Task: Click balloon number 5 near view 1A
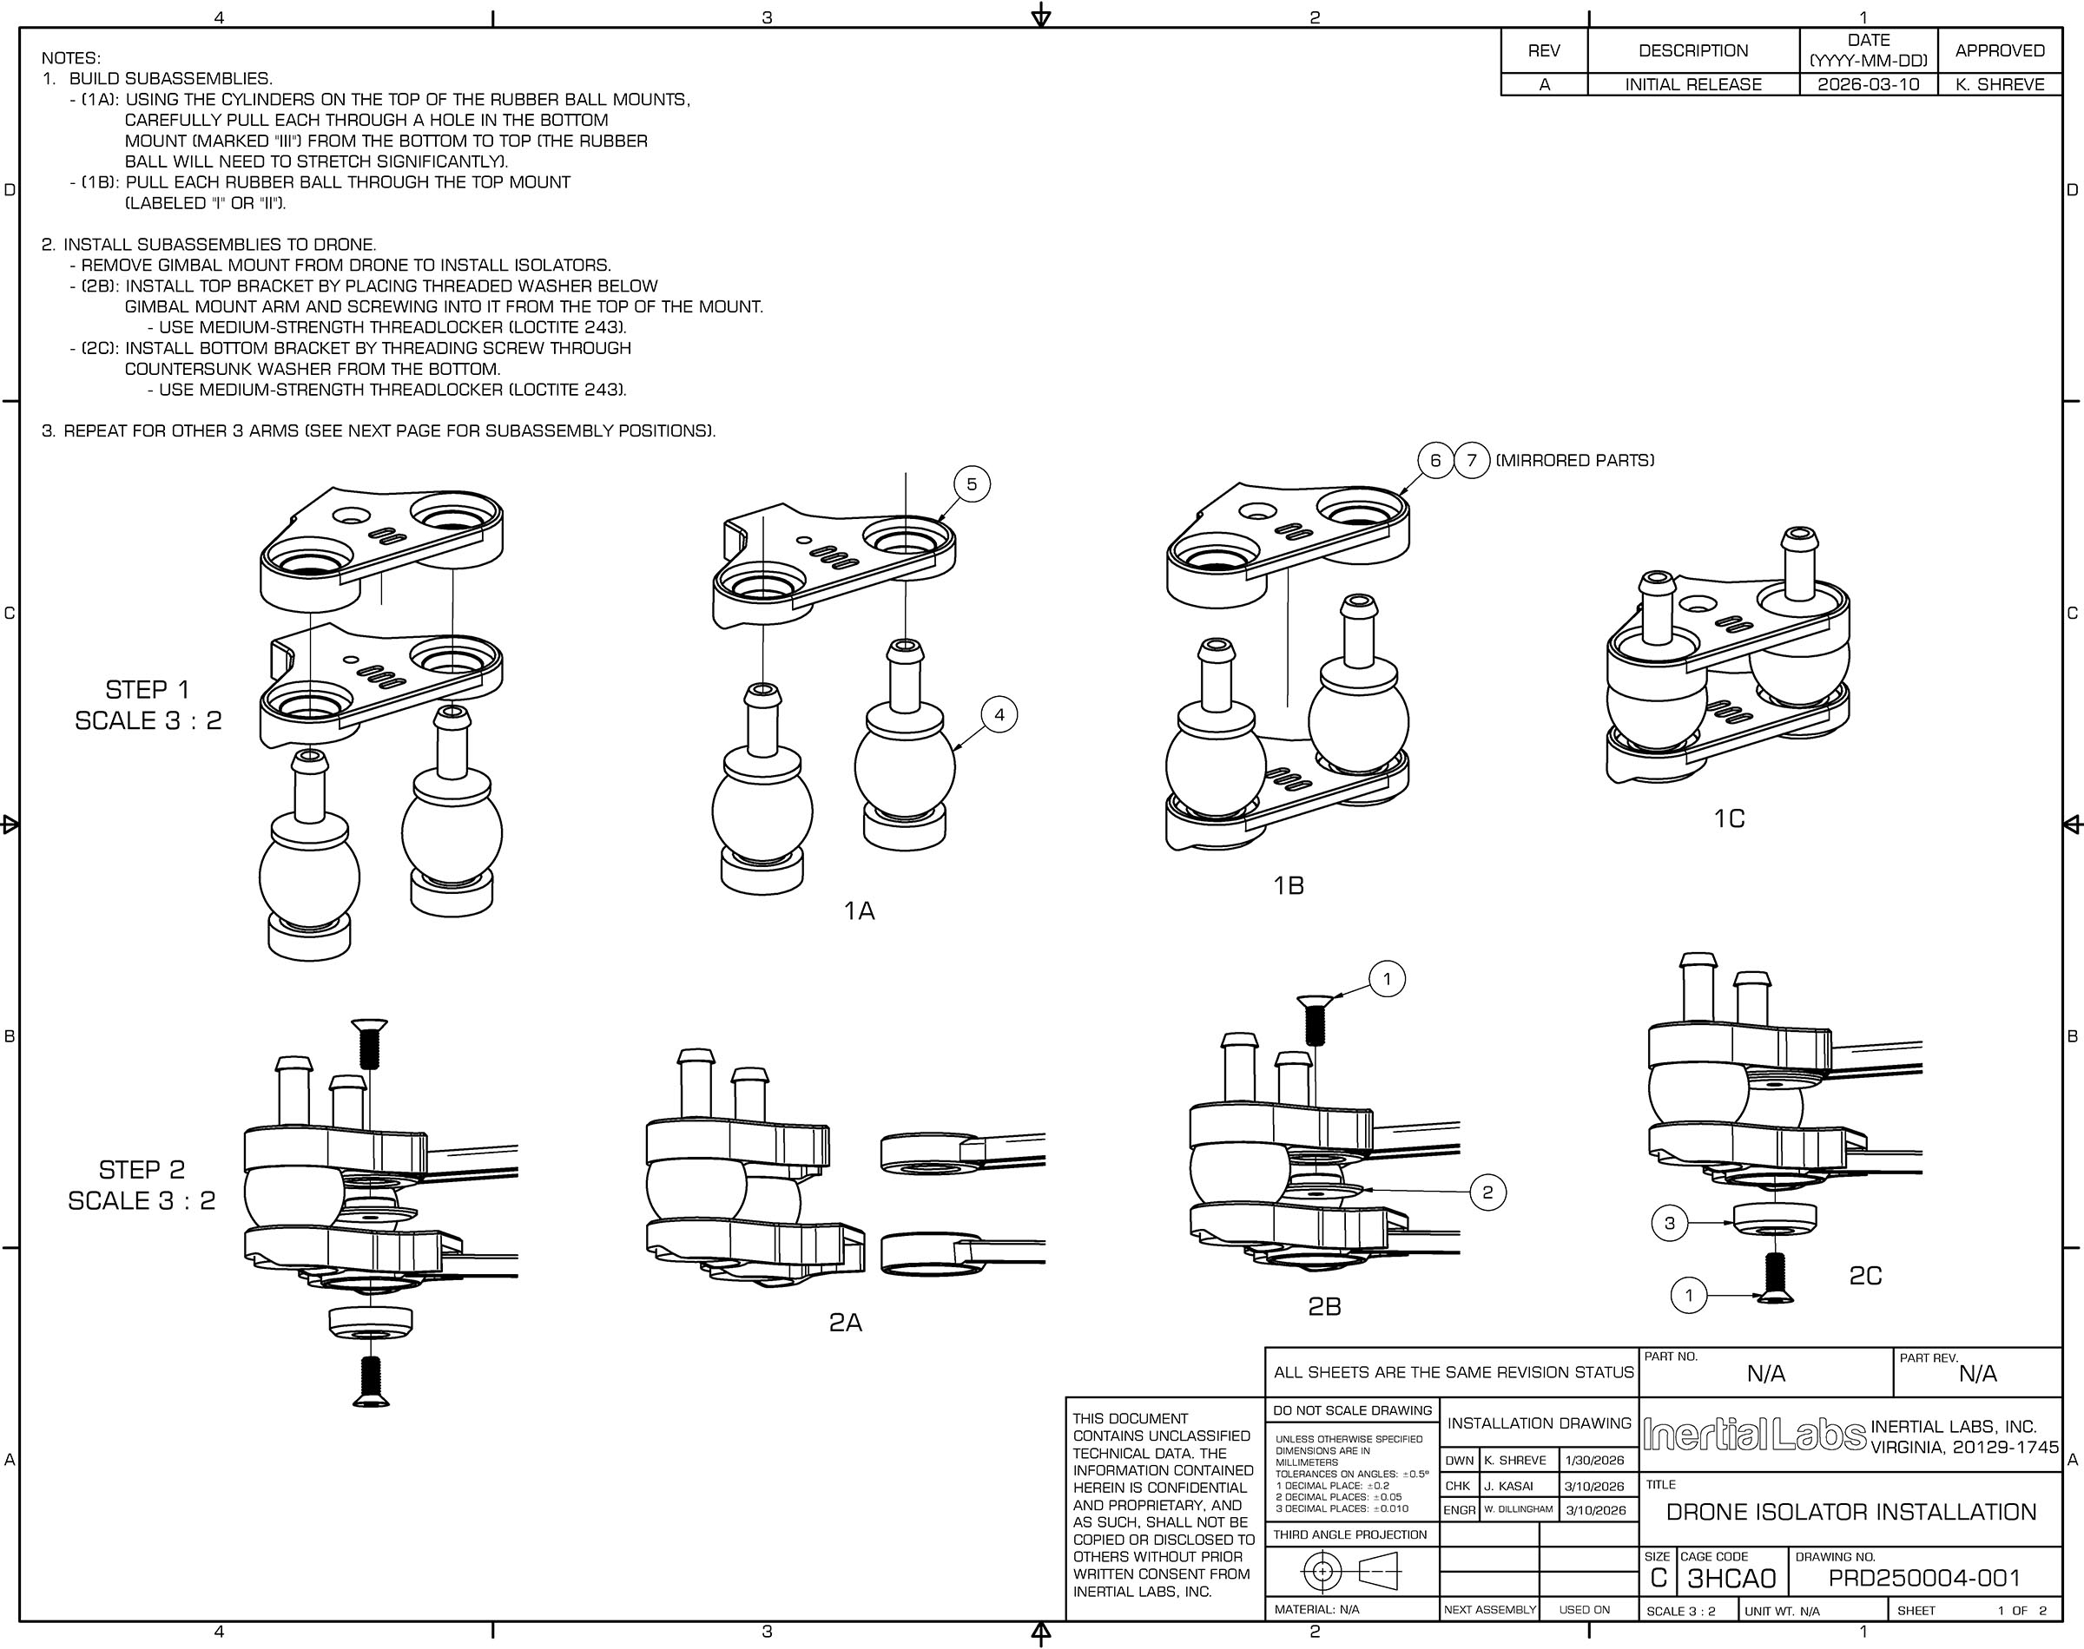tap(972, 483)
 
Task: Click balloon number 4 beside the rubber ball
tap(999, 714)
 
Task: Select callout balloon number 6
tap(1435, 461)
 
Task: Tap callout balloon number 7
tap(1472, 461)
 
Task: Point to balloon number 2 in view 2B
tap(1487, 1192)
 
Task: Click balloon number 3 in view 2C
tap(1670, 1223)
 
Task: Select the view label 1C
tap(1729, 818)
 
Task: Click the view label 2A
tap(845, 1323)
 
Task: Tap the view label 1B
tap(1289, 885)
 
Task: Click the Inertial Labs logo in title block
tap(1754, 1435)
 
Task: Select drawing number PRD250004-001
tap(1924, 1579)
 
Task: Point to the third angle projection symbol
tap(1350, 1573)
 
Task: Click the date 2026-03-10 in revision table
tap(1868, 85)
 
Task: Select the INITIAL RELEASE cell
tap(1693, 85)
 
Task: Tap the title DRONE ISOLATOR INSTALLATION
tap(1850, 1512)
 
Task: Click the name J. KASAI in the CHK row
tap(1508, 1486)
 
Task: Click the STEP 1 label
tap(147, 690)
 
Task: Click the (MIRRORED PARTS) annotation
tap(1574, 461)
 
